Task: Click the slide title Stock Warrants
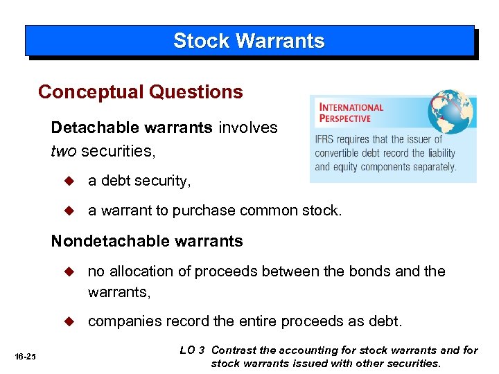[x=249, y=41]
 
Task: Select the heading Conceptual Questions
[x=141, y=92]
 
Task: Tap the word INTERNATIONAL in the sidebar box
[x=351, y=107]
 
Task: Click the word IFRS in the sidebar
[x=324, y=140]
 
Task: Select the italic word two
[x=64, y=150]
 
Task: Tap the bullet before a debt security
[x=68, y=181]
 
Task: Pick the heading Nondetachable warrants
[x=147, y=241]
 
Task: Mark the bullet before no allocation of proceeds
[x=68, y=271]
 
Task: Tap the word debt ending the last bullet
[x=387, y=322]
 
